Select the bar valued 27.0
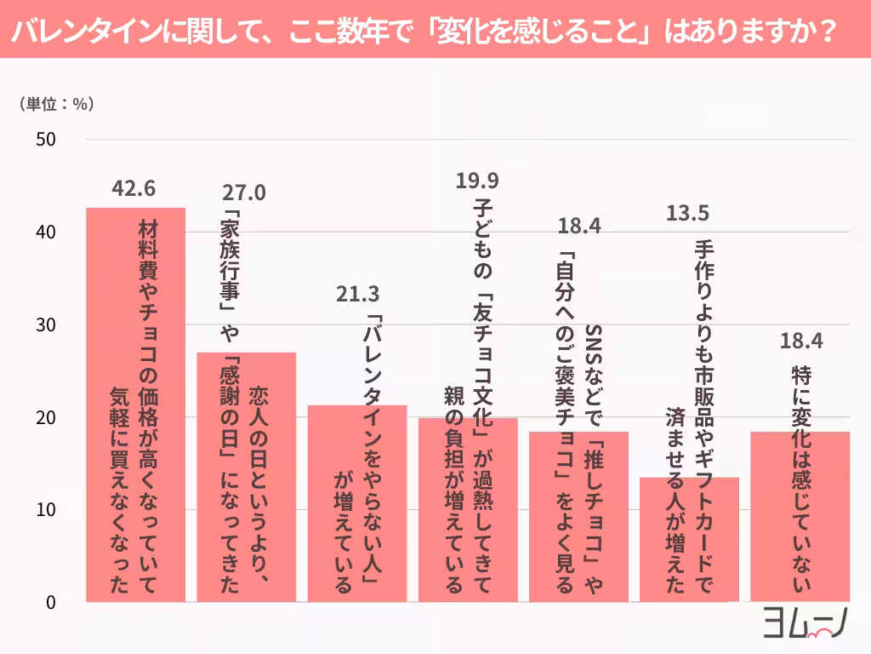click(247, 477)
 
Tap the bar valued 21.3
click(357, 503)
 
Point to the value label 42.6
click(136, 188)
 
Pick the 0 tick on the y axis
click(50, 602)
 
